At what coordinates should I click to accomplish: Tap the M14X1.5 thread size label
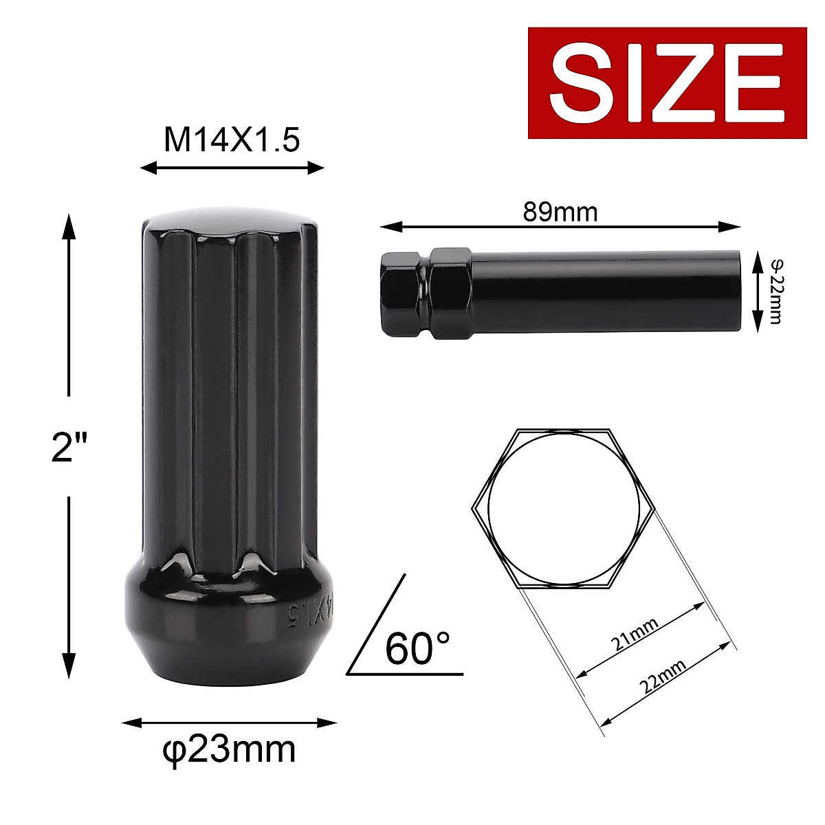pos(232,140)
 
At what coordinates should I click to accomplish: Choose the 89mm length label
pos(560,212)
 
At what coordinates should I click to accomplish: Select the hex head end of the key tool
pos(402,294)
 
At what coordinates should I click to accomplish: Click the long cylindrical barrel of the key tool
pos(605,294)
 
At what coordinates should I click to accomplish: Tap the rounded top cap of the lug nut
pos(230,223)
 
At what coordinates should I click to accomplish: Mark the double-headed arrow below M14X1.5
pos(232,168)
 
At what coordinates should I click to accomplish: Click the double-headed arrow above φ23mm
pos(230,723)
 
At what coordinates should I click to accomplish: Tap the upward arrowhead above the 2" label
pos(68,227)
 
